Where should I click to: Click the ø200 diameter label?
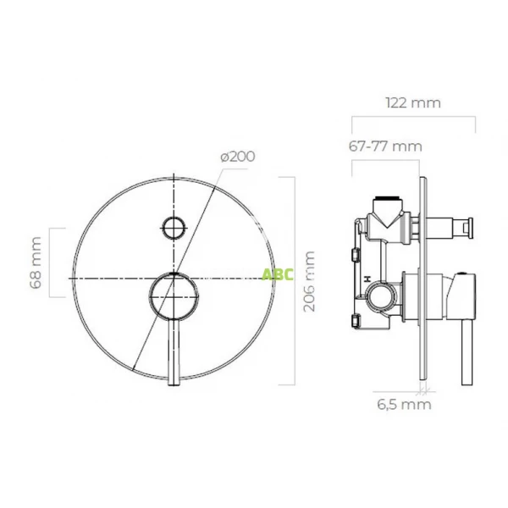tap(236, 157)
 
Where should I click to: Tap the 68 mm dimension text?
tap(36, 263)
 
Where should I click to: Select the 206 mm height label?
tap(310, 280)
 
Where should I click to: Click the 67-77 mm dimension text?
tap(384, 146)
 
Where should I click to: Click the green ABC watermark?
tap(277, 275)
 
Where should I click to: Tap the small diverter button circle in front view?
tap(174, 227)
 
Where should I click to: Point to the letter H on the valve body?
tap(367, 279)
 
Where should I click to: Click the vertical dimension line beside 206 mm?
tap(293, 280)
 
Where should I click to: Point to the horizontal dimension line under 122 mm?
tap(413, 117)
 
